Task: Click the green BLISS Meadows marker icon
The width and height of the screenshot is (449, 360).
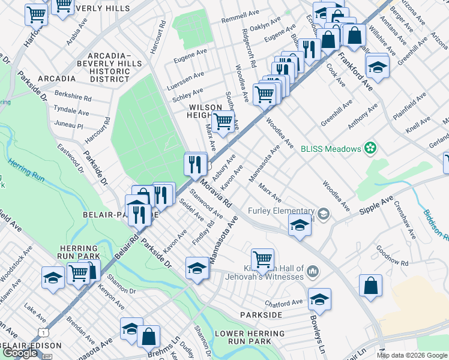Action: click(x=371, y=148)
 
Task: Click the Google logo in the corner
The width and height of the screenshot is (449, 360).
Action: click(x=20, y=353)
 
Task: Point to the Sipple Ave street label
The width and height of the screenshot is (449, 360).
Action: click(x=376, y=205)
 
